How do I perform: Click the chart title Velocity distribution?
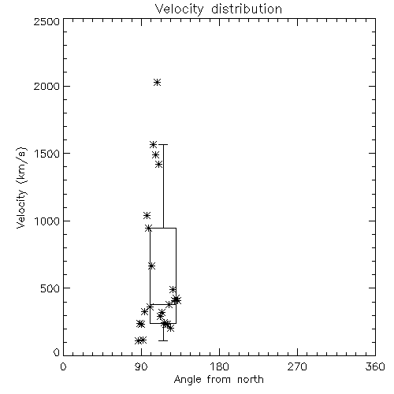point(218,9)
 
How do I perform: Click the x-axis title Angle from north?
point(218,380)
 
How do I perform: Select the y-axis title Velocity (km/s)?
point(22,188)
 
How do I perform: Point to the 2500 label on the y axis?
point(46,21)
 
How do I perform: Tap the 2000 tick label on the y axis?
point(46,86)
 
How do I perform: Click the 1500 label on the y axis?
point(47,154)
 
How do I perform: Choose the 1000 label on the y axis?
point(47,221)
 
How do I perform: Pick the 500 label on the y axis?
point(50,288)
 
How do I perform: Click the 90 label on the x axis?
point(141,366)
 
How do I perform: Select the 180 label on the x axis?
point(219,366)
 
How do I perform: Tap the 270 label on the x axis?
point(297,366)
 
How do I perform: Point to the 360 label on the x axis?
point(375,366)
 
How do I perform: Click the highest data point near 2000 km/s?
point(157,83)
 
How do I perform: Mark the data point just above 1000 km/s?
point(147,216)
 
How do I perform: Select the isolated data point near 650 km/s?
point(151,266)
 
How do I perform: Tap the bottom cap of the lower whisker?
point(163,340)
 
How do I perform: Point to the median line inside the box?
point(163,304)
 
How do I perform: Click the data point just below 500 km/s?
point(173,289)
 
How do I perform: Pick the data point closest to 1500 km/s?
point(156,155)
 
